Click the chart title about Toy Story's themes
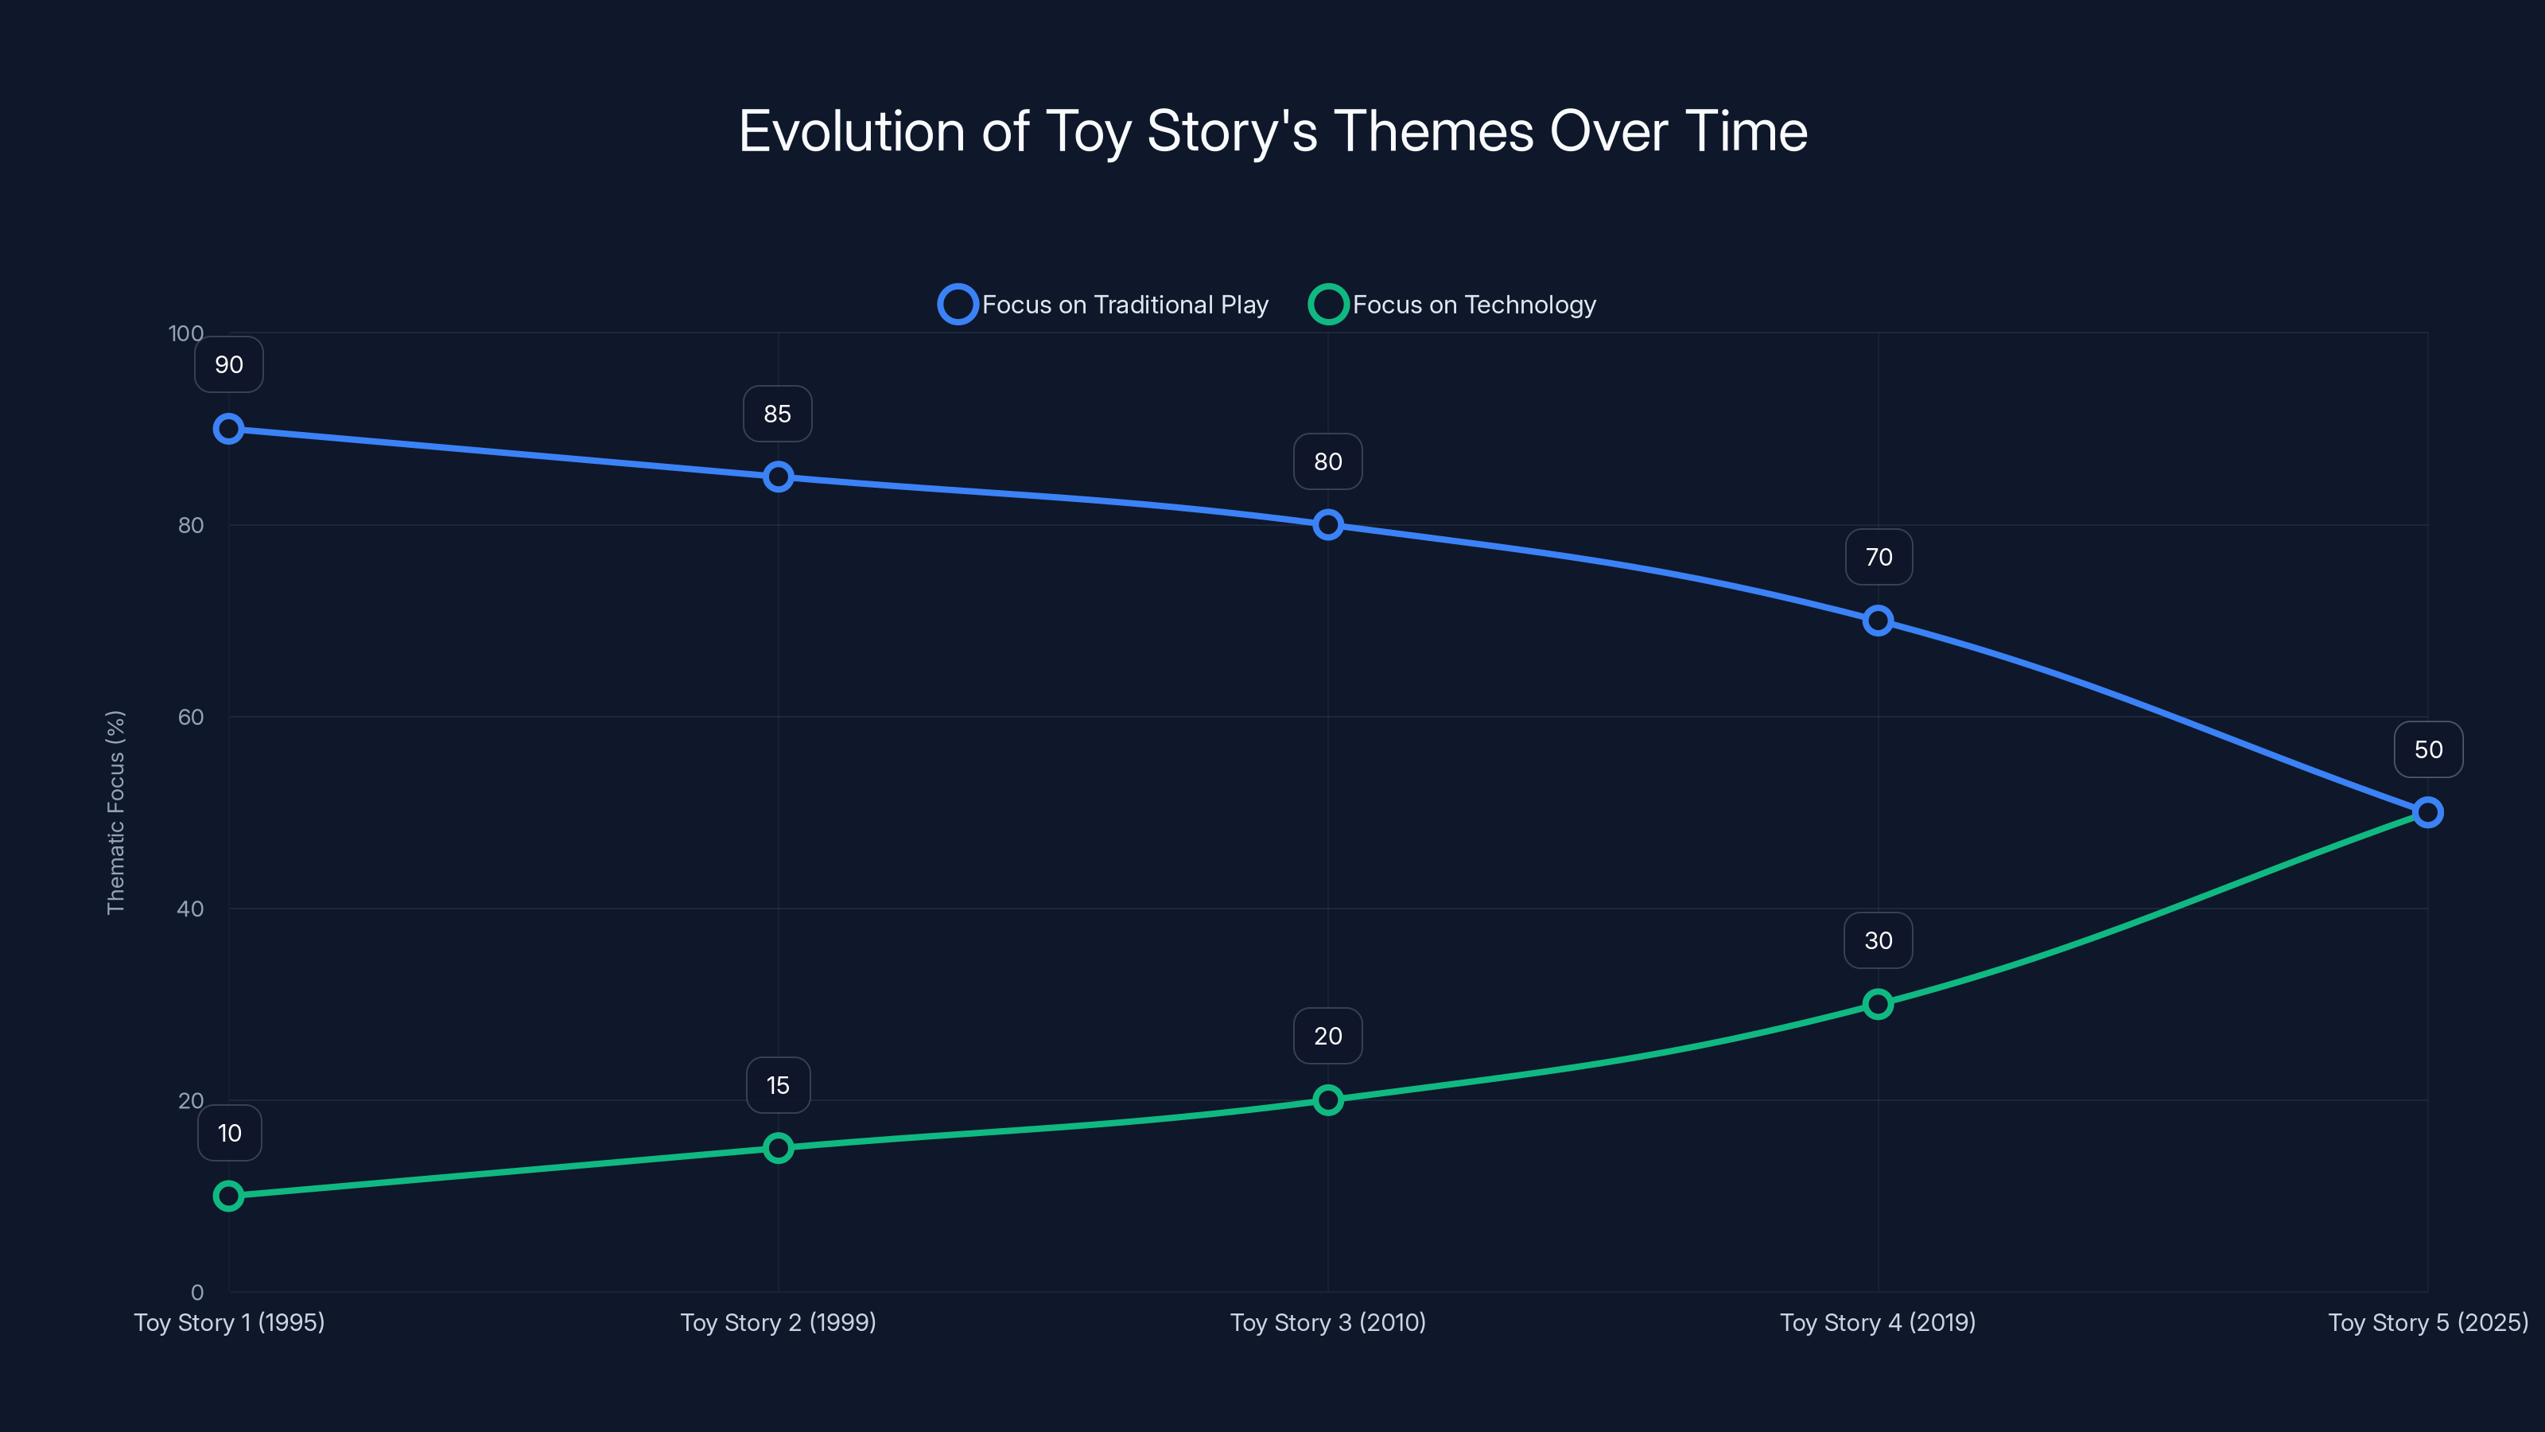(x=1272, y=131)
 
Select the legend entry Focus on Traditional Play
(x=1105, y=305)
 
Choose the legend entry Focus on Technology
(x=1453, y=305)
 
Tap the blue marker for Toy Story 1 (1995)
(x=228, y=429)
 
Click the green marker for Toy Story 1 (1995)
(x=228, y=1196)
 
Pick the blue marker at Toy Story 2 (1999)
(x=779, y=477)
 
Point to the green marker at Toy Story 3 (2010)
(x=1328, y=1100)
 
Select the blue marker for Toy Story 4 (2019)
(x=1878, y=621)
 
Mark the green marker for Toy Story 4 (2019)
(x=1878, y=1004)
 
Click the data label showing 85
(x=778, y=414)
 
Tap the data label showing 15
(x=778, y=1085)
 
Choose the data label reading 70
(x=1878, y=558)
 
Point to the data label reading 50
(x=2427, y=749)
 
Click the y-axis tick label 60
(x=191, y=717)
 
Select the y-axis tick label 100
(x=186, y=333)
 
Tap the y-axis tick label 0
(x=197, y=1292)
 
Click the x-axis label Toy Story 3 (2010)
(x=1328, y=1322)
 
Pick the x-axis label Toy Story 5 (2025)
(x=2427, y=1322)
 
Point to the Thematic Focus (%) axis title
(x=115, y=812)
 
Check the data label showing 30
(x=1878, y=941)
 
